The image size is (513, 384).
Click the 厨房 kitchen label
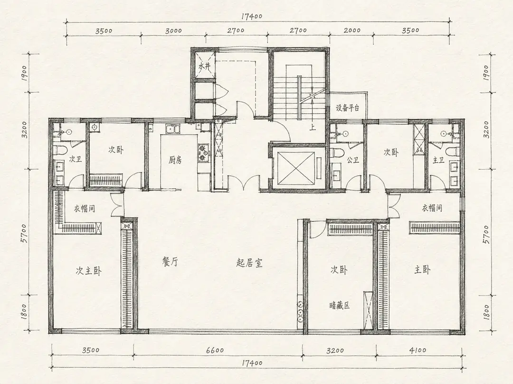tap(175, 160)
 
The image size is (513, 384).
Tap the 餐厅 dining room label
tap(170, 262)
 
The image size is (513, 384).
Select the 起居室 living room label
tap(249, 263)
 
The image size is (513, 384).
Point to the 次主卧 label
tap(88, 271)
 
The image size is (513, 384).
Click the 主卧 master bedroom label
tap(422, 270)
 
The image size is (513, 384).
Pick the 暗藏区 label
tap(340, 306)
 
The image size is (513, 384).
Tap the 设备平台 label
tap(348, 108)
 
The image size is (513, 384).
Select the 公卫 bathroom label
tap(353, 160)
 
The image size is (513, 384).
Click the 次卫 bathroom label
tap(76, 159)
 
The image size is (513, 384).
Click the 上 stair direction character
tap(313, 127)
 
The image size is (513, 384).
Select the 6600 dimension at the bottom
tap(215, 350)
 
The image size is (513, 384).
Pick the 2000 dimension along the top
tap(352, 30)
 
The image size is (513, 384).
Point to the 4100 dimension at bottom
tap(418, 350)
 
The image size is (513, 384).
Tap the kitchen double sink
tap(172, 129)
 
